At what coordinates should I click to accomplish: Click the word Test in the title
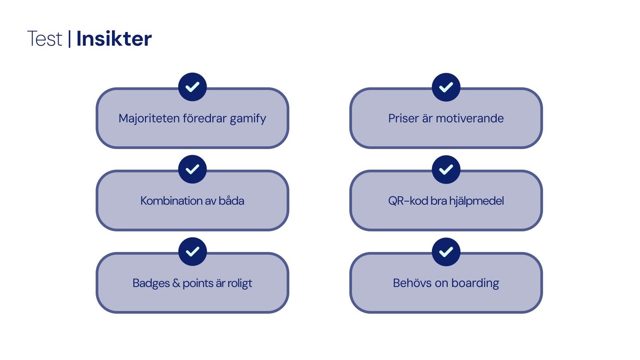44,39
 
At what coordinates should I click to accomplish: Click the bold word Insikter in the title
114,39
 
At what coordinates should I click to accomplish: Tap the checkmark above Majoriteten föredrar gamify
192,87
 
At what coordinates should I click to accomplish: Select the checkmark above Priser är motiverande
446,87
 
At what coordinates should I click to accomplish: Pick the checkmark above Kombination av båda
192,169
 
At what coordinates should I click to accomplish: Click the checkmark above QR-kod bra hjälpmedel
446,169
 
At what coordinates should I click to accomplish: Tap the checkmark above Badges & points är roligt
192,252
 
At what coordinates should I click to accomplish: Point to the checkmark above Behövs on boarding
446,252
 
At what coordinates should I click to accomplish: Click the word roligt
240,284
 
